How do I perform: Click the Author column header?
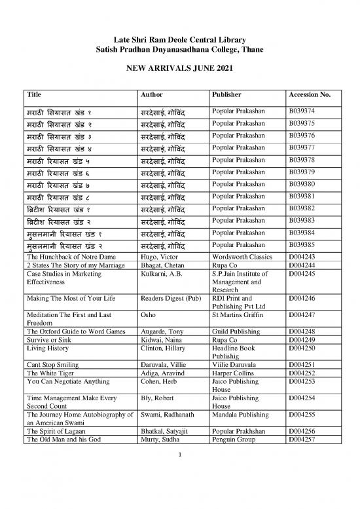click(153, 94)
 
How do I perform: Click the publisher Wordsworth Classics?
click(241, 256)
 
